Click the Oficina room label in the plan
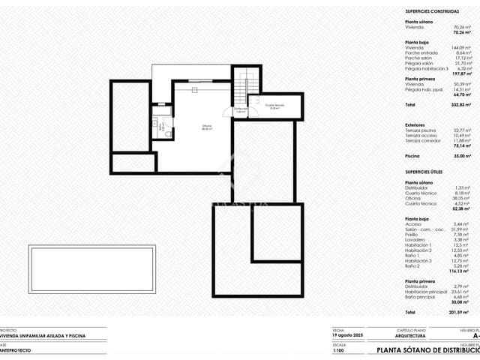[186, 127]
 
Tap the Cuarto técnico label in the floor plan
[274, 106]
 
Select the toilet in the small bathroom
[168, 132]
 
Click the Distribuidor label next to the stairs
[239, 109]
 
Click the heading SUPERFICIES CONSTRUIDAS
[433, 12]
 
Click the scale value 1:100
[340, 350]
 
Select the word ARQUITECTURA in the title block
[412, 337]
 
